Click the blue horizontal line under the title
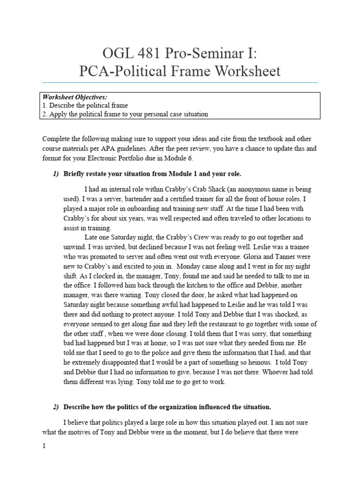tap(180, 82)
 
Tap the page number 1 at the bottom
tap(44, 446)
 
